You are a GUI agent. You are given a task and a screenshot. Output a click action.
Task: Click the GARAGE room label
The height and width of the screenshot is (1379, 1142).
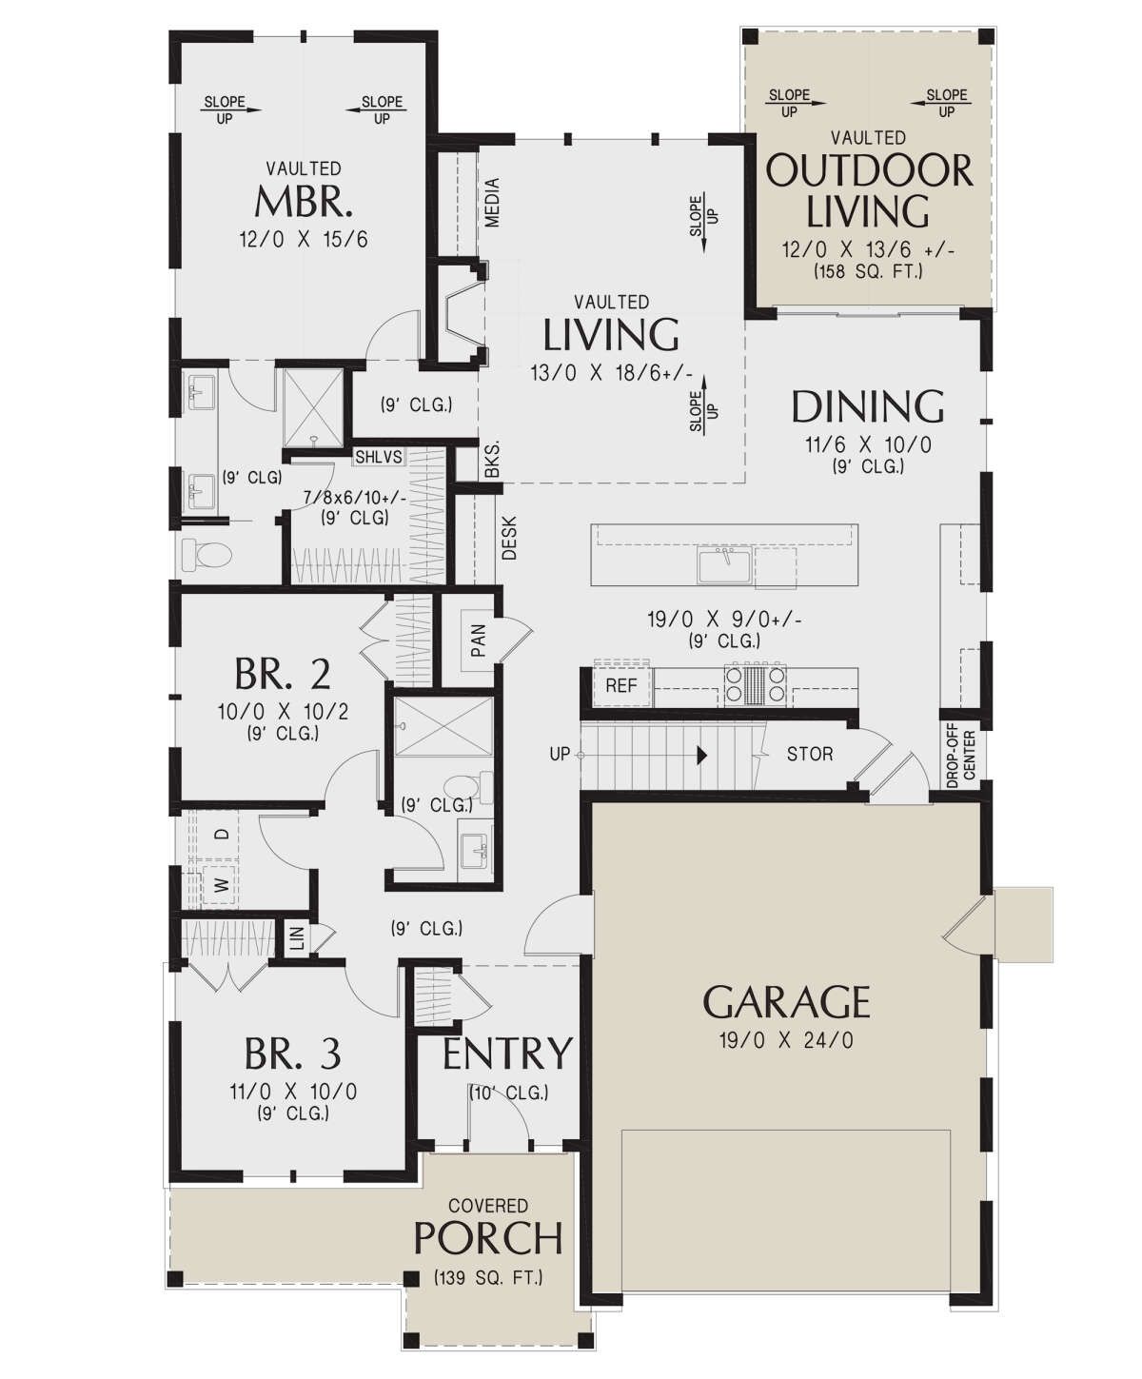pos(786,1002)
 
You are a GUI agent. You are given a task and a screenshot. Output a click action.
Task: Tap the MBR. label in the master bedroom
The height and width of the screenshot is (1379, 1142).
pos(304,202)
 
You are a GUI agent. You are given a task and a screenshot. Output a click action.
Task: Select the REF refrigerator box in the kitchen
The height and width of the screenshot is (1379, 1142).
pos(621,685)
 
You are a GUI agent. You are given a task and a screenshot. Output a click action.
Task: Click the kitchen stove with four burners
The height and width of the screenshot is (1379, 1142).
pos(756,683)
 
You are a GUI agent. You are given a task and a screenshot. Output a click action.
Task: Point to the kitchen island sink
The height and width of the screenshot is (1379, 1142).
pos(724,566)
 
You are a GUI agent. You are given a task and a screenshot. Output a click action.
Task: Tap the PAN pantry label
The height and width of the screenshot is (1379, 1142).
pos(479,640)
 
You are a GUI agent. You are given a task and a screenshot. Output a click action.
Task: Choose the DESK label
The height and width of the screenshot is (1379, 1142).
pos(509,539)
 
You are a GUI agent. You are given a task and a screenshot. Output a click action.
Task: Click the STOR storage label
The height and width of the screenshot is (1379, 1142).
pos(810,755)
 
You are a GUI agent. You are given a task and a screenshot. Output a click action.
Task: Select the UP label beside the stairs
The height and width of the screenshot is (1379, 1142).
pos(560,754)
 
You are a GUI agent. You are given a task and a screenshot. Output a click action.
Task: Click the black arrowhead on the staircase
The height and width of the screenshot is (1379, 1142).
pos(702,755)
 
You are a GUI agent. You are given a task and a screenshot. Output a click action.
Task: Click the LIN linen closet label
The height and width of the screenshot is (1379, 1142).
pos(297,936)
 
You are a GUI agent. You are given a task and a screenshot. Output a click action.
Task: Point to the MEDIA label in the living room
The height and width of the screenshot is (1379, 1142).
pos(492,202)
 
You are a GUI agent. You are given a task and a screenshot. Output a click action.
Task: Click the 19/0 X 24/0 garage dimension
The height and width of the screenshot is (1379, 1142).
pos(786,1041)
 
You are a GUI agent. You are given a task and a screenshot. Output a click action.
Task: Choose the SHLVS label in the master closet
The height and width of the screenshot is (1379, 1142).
pos(379,457)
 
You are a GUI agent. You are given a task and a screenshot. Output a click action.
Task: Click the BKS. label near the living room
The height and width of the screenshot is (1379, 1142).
pos(492,460)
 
